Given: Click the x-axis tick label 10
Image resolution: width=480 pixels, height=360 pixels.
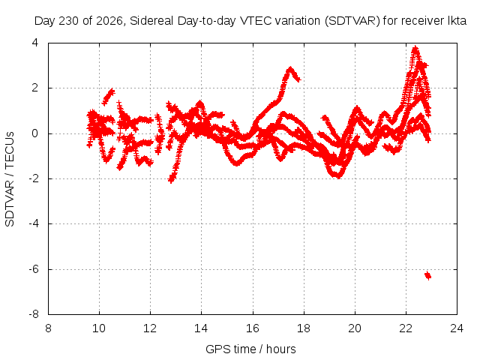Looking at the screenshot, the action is click(99, 328).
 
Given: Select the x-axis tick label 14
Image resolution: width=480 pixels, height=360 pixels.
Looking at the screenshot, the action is click(201, 328).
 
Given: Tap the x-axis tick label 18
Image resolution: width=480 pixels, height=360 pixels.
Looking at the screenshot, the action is click(303, 328).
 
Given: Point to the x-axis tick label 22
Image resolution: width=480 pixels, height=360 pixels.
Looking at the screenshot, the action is click(406, 328).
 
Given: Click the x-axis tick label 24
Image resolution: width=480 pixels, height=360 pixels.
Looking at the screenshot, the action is click(457, 328).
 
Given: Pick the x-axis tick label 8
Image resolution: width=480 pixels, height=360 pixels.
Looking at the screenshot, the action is click(48, 328).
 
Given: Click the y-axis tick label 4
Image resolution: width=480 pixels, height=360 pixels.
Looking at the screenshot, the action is click(35, 43).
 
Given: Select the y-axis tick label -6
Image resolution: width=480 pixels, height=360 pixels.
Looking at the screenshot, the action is click(34, 269).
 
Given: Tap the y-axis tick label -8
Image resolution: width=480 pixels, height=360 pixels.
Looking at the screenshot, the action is click(34, 314).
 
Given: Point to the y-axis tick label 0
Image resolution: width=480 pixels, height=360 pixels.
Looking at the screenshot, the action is click(35, 133).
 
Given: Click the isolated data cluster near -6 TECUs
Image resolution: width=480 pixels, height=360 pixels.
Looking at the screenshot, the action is click(427, 275).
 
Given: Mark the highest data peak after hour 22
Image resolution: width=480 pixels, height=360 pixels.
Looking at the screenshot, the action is click(415, 48).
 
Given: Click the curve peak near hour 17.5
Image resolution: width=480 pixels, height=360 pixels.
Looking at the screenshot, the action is click(290, 68).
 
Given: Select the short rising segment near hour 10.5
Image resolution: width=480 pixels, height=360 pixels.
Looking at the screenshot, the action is click(108, 97).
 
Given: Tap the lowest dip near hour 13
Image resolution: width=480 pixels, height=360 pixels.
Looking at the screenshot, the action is click(172, 179).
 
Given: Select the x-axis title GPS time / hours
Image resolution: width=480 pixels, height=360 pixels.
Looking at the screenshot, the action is click(250, 349).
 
